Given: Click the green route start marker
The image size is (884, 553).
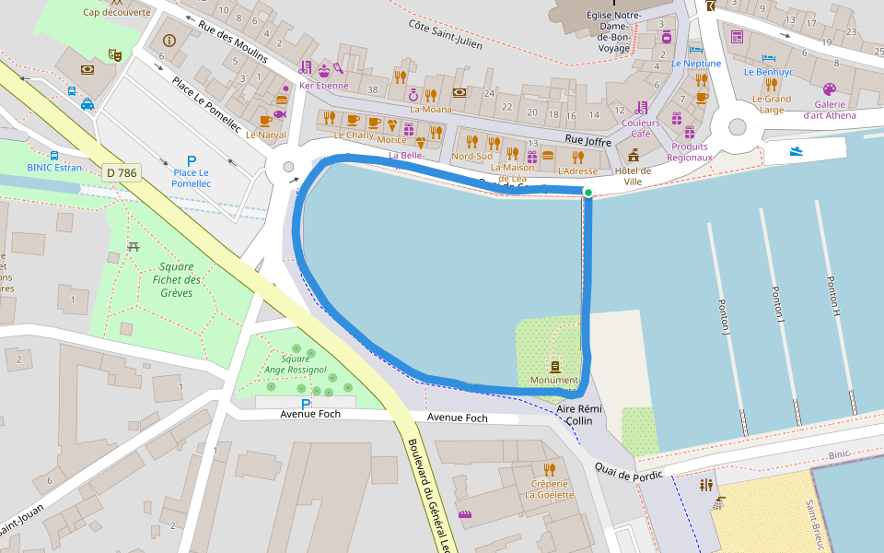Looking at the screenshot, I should [587, 192].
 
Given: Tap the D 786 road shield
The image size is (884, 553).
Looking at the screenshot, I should [122, 171].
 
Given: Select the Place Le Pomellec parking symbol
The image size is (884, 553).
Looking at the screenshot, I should [192, 161].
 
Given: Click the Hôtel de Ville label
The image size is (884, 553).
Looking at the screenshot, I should [633, 175].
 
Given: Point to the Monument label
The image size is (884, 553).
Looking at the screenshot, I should [553, 381].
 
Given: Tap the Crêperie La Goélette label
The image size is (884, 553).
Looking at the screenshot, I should [550, 488].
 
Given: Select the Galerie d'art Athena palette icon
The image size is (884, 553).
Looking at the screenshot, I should [828, 89].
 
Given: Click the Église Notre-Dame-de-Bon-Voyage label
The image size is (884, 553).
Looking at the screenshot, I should [613, 30].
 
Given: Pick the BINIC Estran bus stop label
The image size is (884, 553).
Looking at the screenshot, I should [54, 168].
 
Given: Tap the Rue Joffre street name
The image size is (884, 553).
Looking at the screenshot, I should [587, 140].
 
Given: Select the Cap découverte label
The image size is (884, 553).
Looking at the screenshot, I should [117, 12].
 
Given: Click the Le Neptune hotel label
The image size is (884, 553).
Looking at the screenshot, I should [696, 64].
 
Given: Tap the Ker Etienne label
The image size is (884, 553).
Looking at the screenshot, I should [323, 86].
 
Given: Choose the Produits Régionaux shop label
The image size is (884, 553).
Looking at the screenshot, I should [690, 152].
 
